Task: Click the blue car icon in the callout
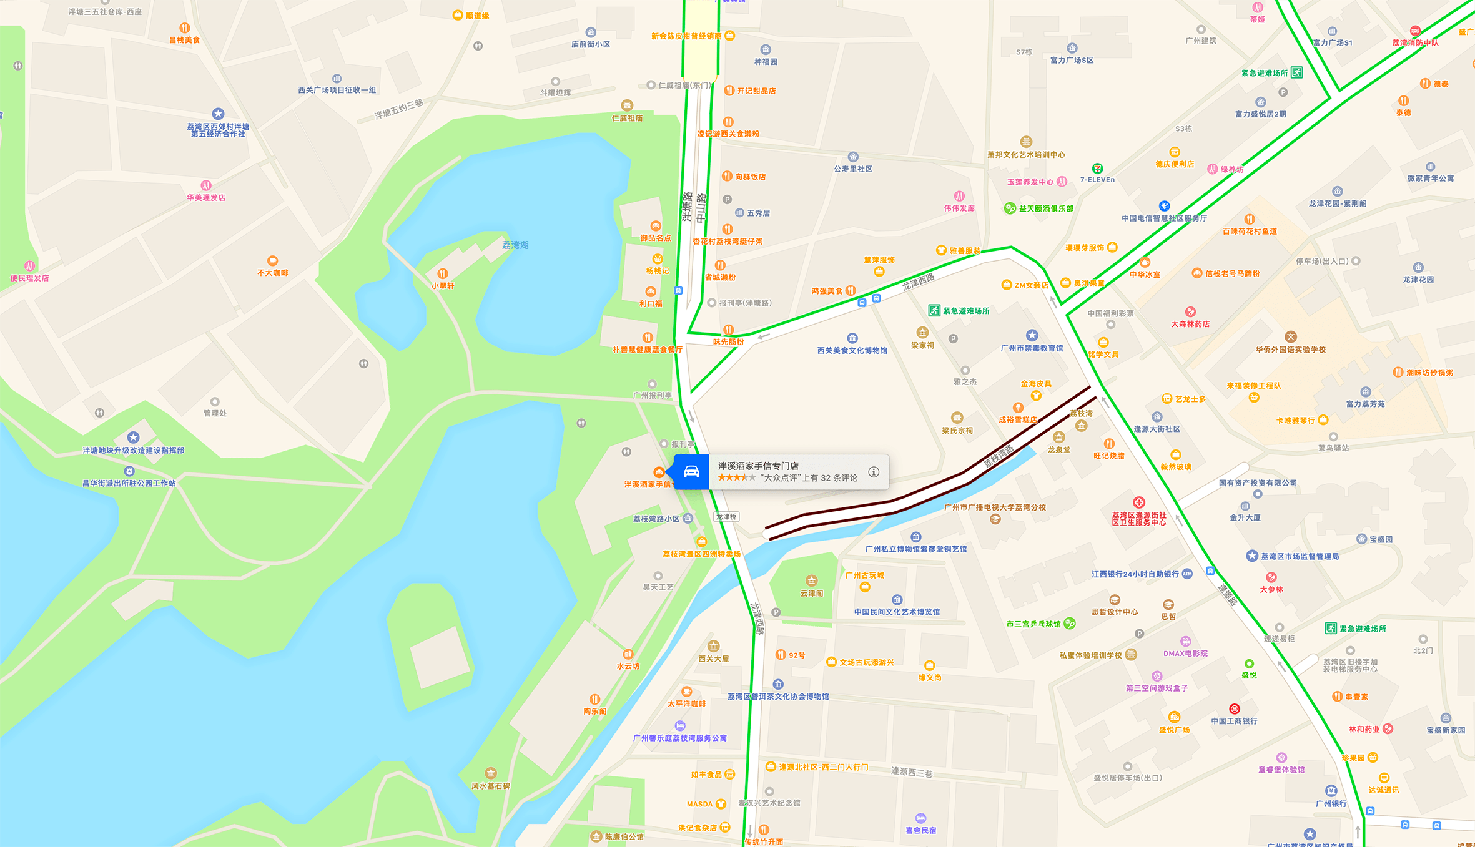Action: pyautogui.click(x=691, y=472)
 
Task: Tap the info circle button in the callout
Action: pyautogui.click(x=874, y=472)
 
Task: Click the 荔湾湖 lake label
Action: pyautogui.click(x=515, y=245)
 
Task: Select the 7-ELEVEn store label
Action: pyautogui.click(x=1097, y=180)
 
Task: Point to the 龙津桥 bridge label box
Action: pyautogui.click(x=726, y=517)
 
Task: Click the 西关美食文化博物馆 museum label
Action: pyautogui.click(x=852, y=350)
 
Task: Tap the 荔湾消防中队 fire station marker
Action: pyautogui.click(x=1415, y=31)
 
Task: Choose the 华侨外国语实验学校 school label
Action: pyautogui.click(x=1290, y=350)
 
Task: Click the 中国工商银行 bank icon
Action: pyautogui.click(x=1234, y=709)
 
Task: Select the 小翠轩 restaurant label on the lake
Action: pyautogui.click(x=443, y=285)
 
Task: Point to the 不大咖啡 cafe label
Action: pyautogui.click(x=272, y=273)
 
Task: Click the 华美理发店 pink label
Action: pyautogui.click(x=206, y=197)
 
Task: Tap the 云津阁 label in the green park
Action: pyautogui.click(x=811, y=593)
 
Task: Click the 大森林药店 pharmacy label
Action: pyautogui.click(x=1190, y=324)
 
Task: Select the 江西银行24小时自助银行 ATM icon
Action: pyautogui.click(x=1187, y=574)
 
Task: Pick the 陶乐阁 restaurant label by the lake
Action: pyautogui.click(x=594, y=711)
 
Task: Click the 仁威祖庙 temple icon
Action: pyautogui.click(x=627, y=105)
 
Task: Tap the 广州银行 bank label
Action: pyautogui.click(x=1331, y=803)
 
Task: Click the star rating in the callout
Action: pyautogui.click(x=736, y=478)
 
